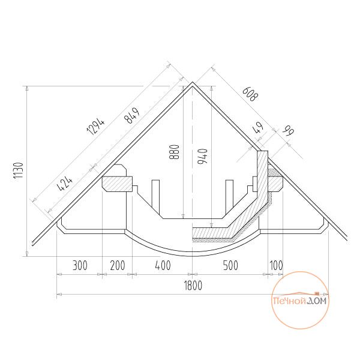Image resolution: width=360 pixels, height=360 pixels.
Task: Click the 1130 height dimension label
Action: pos(19,170)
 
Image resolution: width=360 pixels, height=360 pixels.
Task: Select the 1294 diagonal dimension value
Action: pos(96,127)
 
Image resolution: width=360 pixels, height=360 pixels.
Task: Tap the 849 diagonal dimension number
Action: pos(132,115)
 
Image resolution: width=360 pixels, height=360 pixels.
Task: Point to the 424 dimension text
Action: pos(65,184)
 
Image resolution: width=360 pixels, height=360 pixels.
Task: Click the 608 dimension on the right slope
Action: pos(250,94)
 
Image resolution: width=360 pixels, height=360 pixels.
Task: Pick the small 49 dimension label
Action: pos(258,128)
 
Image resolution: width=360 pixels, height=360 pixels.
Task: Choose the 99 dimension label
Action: pos(289,131)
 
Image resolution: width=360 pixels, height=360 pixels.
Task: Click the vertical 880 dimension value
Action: pos(174,152)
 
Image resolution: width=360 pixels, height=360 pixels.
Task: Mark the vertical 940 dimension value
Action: pos(203,156)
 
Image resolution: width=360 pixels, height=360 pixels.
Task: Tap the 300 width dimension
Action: pos(80,265)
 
